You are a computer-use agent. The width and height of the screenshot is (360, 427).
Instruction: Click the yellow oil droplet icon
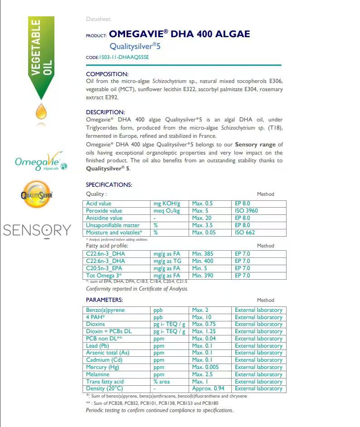coord(41,110)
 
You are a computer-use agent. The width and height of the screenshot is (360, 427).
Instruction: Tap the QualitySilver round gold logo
coord(37,195)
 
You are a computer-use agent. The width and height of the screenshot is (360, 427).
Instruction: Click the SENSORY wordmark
coord(37,230)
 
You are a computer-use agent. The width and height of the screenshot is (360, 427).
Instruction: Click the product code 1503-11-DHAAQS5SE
coord(123,58)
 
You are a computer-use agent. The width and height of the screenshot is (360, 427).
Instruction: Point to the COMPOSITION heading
coord(107,74)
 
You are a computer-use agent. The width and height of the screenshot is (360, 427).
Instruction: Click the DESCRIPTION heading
coord(105,112)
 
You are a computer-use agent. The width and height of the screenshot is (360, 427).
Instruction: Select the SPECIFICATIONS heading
coord(109,184)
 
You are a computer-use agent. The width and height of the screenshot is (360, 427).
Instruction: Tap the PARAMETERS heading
coord(104,300)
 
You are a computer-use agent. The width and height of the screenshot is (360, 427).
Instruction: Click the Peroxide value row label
coord(104,211)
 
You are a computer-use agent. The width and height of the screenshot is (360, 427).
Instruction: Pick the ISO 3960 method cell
coord(246,211)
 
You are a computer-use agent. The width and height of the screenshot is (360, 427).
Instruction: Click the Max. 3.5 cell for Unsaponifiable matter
coord(202,225)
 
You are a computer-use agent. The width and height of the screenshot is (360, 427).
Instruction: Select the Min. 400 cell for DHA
coord(202,261)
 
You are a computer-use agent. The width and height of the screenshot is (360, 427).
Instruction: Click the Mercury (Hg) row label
coord(103,367)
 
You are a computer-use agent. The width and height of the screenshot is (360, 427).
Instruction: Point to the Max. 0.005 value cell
coord(204,367)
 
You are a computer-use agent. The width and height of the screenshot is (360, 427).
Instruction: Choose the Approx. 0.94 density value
coord(208,388)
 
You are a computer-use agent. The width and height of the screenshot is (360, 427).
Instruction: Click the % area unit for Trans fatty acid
coord(163,382)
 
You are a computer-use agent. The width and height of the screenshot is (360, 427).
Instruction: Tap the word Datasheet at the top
coord(98,19)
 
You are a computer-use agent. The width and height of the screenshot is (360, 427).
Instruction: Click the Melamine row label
coord(97,374)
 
